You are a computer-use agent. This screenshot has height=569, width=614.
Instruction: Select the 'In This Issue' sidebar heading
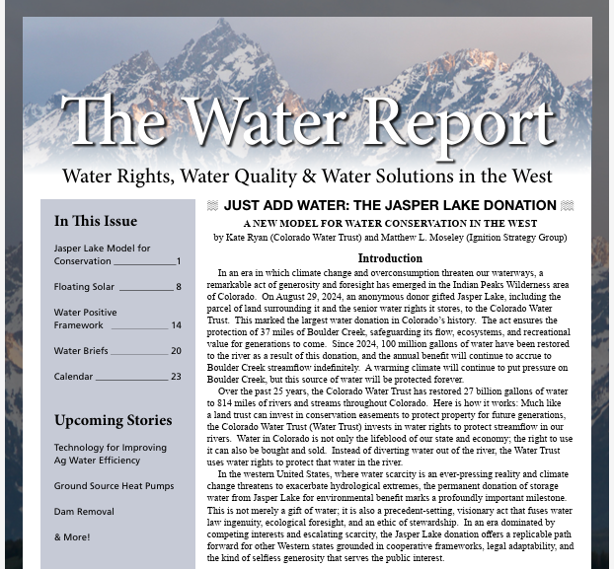tap(96, 221)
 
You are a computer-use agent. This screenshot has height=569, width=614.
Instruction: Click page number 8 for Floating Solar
tap(179, 287)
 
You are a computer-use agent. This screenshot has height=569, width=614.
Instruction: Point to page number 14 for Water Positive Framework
tap(176, 324)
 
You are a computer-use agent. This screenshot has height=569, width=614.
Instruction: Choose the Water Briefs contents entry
tap(82, 350)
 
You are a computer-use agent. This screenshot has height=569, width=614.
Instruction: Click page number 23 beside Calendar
tap(176, 376)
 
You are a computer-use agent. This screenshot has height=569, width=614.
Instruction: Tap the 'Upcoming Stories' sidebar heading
tap(114, 420)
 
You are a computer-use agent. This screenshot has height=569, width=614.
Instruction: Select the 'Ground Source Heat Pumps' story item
tap(114, 486)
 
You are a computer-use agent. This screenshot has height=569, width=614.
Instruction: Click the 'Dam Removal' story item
tap(84, 512)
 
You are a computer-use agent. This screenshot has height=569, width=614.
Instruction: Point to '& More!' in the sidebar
tap(72, 537)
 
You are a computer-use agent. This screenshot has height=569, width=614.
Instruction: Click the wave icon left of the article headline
tap(212, 206)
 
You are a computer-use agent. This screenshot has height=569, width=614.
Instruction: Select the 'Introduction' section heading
tap(390, 258)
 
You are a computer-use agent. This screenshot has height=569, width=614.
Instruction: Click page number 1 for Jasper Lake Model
tap(179, 261)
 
